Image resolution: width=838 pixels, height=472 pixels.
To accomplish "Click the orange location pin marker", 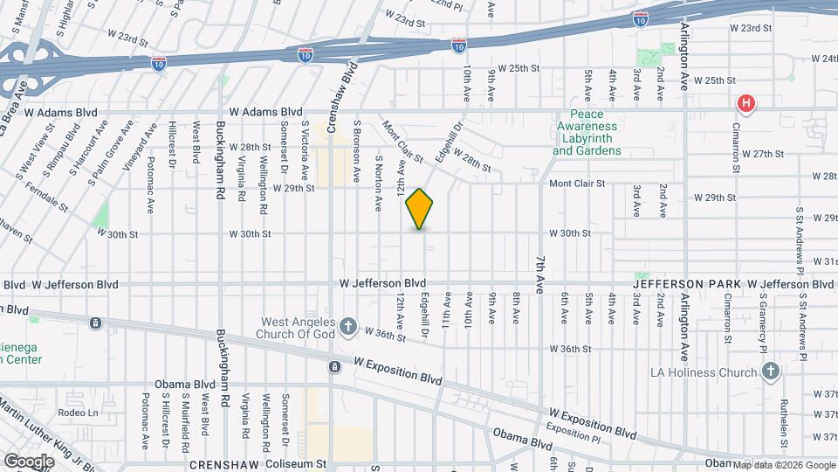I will tap(420, 209).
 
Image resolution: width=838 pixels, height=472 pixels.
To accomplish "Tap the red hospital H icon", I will tap(745, 105).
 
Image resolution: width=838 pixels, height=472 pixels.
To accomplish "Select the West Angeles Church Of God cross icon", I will tap(348, 327).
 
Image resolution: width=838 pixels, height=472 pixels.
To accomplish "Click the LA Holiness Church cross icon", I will tap(770, 373).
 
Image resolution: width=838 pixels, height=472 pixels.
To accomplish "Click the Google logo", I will tap(29, 461).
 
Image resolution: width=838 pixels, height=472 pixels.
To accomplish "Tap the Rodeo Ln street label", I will tap(78, 413).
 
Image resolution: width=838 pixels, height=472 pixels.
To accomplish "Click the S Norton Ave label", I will tap(378, 184).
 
